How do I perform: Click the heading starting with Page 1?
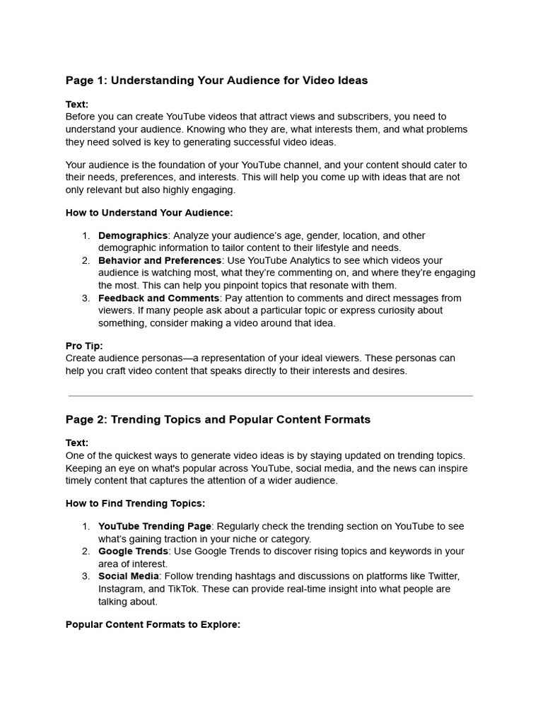[x=216, y=81]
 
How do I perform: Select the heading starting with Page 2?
[x=218, y=419]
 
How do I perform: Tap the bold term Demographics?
[x=133, y=235]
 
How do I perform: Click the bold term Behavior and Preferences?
[x=159, y=261]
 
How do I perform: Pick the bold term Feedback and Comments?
[x=158, y=298]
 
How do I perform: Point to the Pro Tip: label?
[x=84, y=346]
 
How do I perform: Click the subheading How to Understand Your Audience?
[x=149, y=212]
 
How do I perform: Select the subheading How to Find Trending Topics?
[x=136, y=503]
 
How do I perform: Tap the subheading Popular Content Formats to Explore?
[x=153, y=625]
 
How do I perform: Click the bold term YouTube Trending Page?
[x=154, y=527]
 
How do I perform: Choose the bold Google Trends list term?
[x=133, y=551]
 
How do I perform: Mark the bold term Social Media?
[x=129, y=576]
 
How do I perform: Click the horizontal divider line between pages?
[x=271, y=396]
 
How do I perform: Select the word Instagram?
[x=122, y=589]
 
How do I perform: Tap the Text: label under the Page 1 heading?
[x=77, y=105]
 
